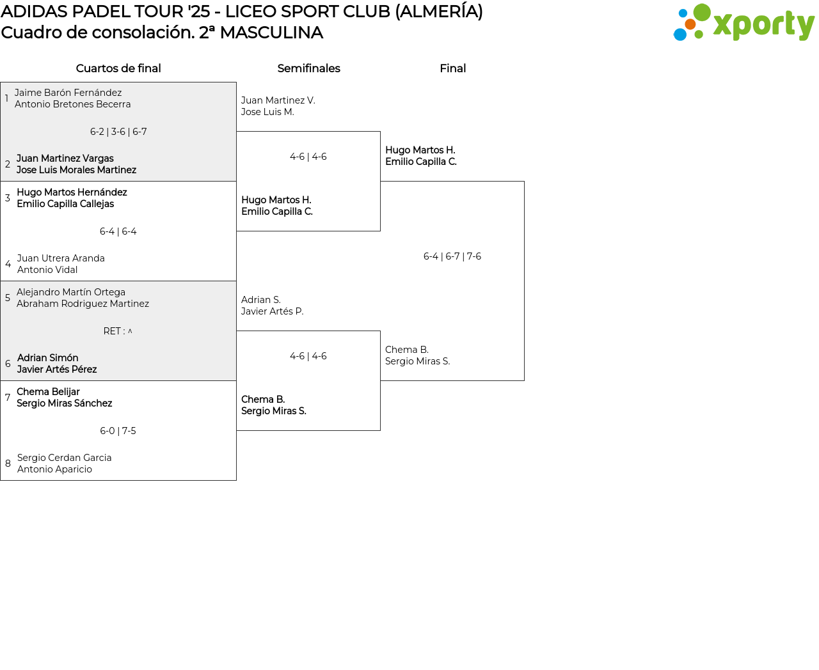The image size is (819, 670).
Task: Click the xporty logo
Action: pos(743,23)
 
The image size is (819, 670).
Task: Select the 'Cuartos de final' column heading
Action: pos(118,68)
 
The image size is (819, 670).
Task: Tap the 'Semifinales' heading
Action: pos(308,68)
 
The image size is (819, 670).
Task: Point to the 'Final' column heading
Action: pos(452,68)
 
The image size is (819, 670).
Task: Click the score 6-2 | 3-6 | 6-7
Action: pos(118,132)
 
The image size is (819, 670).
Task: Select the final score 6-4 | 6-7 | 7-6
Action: pos(452,256)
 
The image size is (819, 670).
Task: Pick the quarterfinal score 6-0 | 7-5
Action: pos(118,431)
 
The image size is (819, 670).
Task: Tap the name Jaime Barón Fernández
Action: pos(68,93)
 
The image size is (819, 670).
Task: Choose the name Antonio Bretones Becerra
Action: pos(72,104)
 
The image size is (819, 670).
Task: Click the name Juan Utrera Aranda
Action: pos(61,258)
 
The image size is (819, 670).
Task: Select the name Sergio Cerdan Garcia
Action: pos(64,458)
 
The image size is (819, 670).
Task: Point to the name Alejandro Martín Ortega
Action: pos(71,292)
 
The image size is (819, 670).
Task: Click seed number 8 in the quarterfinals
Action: pos(8,464)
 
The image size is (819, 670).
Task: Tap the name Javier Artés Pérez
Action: pos(57,370)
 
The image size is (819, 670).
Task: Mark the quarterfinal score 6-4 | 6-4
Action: pos(118,231)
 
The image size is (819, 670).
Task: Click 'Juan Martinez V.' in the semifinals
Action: pos(278,100)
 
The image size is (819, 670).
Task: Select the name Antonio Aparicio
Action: pos(54,469)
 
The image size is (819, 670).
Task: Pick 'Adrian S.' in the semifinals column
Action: pos(260,300)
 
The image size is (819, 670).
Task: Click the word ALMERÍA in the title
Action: pos(439,12)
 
